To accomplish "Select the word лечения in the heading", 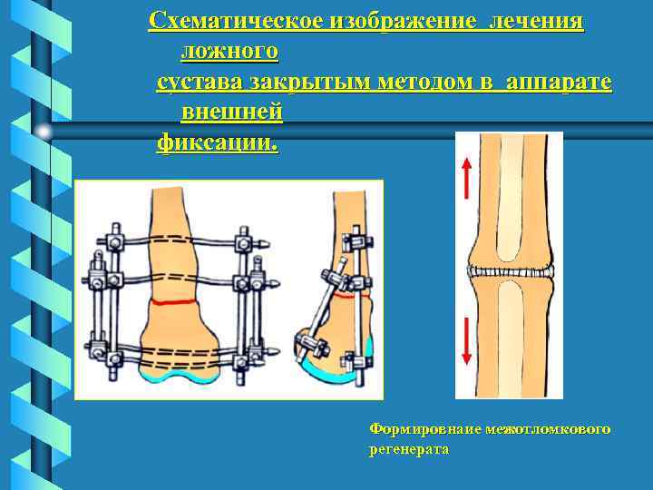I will pyautogui.click(x=536, y=21).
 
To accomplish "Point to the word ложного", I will pyautogui.click(x=230, y=51).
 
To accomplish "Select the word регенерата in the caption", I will pyautogui.click(x=409, y=448).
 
